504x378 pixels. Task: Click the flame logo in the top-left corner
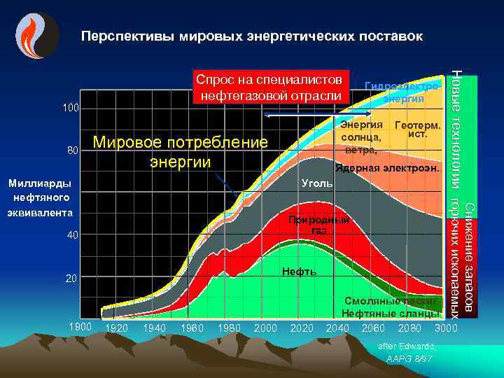pyautogui.click(x=34, y=35)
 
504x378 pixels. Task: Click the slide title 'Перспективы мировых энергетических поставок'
pyautogui.click(x=251, y=34)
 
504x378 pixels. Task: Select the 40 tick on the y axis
pyautogui.click(x=73, y=235)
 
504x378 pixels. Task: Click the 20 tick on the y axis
pyautogui.click(x=71, y=279)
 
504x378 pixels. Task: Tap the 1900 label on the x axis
pyautogui.click(x=82, y=327)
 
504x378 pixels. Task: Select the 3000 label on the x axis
pyautogui.click(x=446, y=328)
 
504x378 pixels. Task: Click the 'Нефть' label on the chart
pyautogui.click(x=299, y=271)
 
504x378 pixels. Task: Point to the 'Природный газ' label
pyautogui.click(x=319, y=225)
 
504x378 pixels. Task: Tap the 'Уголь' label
pyautogui.click(x=312, y=183)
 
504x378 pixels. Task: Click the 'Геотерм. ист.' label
pyautogui.click(x=418, y=129)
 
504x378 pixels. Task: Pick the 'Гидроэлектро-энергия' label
pyautogui.click(x=402, y=92)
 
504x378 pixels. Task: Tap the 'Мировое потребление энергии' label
pyautogui.click(x=181, y=152)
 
